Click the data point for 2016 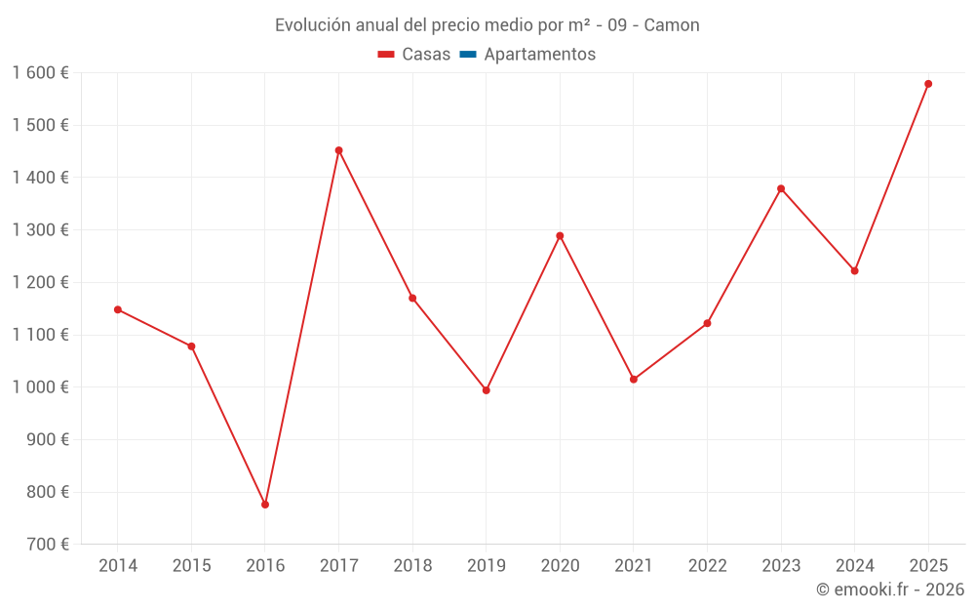pos(265,505)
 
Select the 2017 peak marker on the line pos(338,150)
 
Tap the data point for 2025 pos(928,84)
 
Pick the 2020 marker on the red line pos(560,235)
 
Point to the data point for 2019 pos(487,390)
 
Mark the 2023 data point pos(781,188)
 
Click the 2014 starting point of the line pos(118,309)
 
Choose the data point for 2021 pos(634,379)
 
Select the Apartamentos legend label pos(539,55)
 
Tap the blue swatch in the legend pos(467,55)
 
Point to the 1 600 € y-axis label pos(40,73)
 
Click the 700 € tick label pos(50,545)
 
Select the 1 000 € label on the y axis pos(40,387)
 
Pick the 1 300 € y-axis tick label pos(40,230)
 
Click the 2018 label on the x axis pos(412,566)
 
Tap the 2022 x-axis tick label pos(707,566)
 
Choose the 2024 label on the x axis pos(854,566)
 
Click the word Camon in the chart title pos(672,25)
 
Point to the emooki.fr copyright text pos(889,590)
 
